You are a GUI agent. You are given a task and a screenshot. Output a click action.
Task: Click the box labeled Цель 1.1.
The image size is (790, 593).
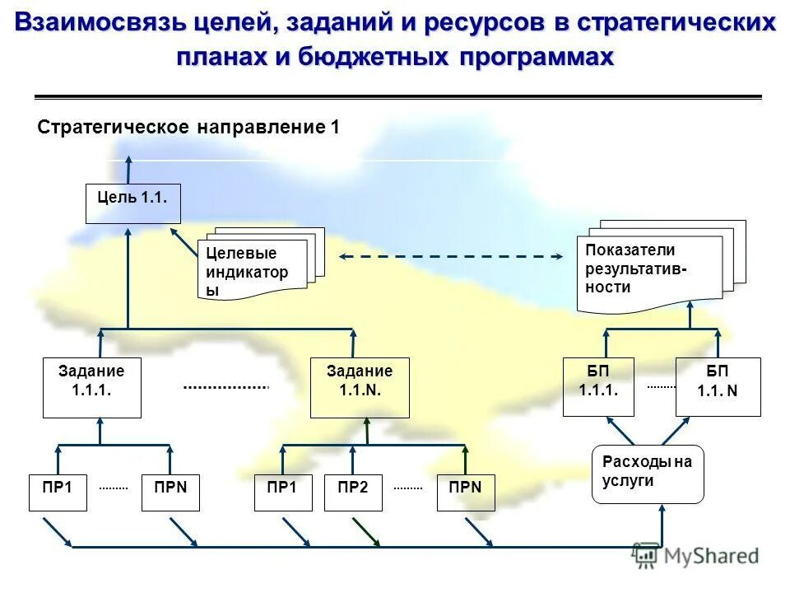pos(132,203)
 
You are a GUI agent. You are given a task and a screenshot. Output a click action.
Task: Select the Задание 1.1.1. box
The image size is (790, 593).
pos(91,387)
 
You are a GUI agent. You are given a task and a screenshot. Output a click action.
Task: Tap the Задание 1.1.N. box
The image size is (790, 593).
pos(360,387)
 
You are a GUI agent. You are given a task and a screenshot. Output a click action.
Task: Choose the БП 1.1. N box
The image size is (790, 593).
pos(718,386)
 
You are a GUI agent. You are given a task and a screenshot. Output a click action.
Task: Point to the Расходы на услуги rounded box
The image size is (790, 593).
pos(648,474)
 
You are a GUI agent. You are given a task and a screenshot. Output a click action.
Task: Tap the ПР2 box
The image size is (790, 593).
pos(353,493)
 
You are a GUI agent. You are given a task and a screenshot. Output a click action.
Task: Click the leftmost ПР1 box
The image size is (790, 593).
pos(58,493)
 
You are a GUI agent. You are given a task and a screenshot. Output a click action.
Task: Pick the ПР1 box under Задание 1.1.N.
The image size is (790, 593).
pos(282,493)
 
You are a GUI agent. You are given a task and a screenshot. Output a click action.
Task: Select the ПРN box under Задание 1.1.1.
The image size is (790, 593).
pos(170,493)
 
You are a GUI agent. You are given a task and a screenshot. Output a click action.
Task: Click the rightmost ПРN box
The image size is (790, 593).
pos(465,493)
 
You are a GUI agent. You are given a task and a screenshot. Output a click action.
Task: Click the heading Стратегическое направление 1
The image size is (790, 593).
pos(188,128)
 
